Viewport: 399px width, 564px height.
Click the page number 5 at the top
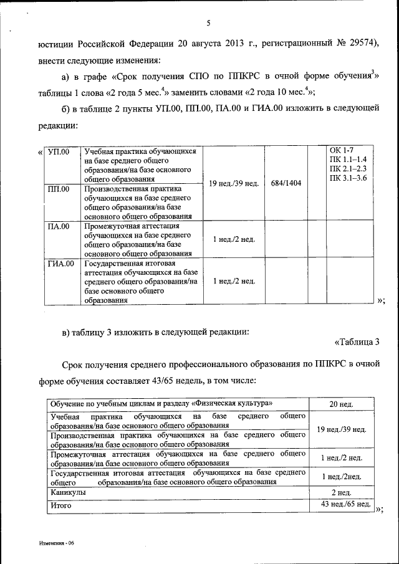tap(208, 24)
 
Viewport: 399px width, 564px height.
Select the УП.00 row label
tap(59, 152)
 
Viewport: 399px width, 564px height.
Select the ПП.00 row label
tap(59, 188)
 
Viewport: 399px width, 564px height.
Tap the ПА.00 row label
tap(59, 226)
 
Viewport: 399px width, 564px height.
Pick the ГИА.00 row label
tap(60, 264)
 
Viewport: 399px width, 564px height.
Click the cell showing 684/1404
tap(286, 183)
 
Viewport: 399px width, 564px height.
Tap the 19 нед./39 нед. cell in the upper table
tap(233, 183)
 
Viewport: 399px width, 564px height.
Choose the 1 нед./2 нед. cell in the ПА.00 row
tap(233, 239)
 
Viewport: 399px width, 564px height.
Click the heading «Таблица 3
tap(357, 342)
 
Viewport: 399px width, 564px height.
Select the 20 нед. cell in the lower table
tap(342, 404)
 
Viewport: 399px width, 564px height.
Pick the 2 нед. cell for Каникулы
tap(342, 492)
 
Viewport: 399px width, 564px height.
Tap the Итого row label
tap(61, 505)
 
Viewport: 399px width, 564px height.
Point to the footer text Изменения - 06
tap(55, 543)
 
